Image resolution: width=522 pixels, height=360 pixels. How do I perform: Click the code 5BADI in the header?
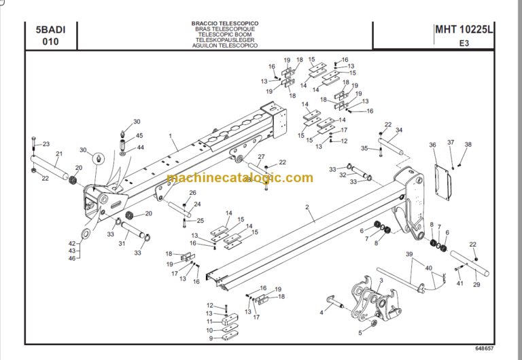[51, 29]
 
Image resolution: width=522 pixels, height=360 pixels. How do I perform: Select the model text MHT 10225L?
[464, 29]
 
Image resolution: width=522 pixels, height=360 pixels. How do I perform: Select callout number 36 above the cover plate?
[432, 145]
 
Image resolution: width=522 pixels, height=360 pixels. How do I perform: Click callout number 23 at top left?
[46, 144]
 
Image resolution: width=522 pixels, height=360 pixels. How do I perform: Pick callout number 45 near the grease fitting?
[139, 136]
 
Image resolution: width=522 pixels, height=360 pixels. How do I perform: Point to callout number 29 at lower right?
[476, 284]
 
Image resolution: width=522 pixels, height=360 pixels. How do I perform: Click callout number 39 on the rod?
[409, 253]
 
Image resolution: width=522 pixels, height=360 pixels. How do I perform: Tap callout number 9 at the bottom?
[210, 338]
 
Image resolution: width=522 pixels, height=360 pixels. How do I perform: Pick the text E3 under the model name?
[464, 42]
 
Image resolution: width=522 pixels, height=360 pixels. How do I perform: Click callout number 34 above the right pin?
[399, 130]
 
